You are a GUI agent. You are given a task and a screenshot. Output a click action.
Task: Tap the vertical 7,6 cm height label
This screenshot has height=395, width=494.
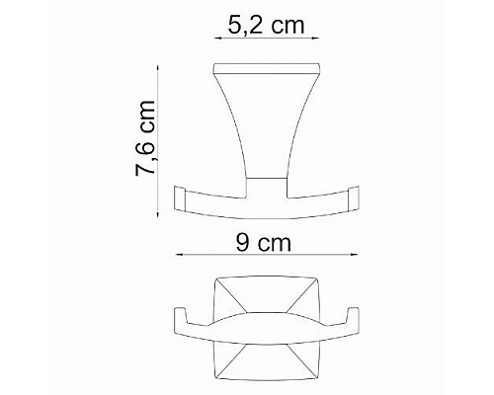pyautogui.click(x=146, y=139)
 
